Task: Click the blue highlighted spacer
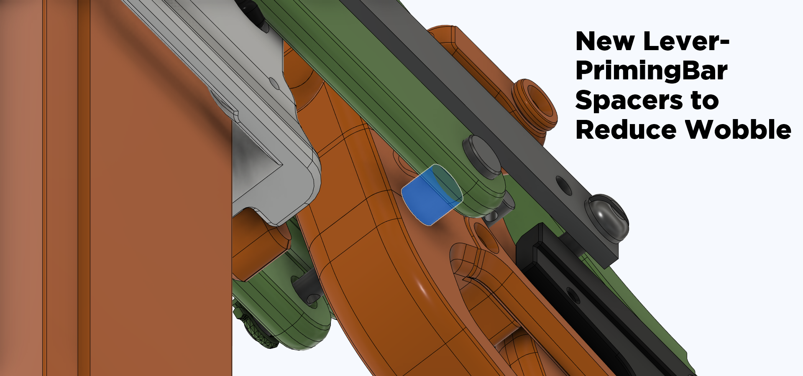click(x=432, y=195)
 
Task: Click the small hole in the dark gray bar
click(x=564, y=186)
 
